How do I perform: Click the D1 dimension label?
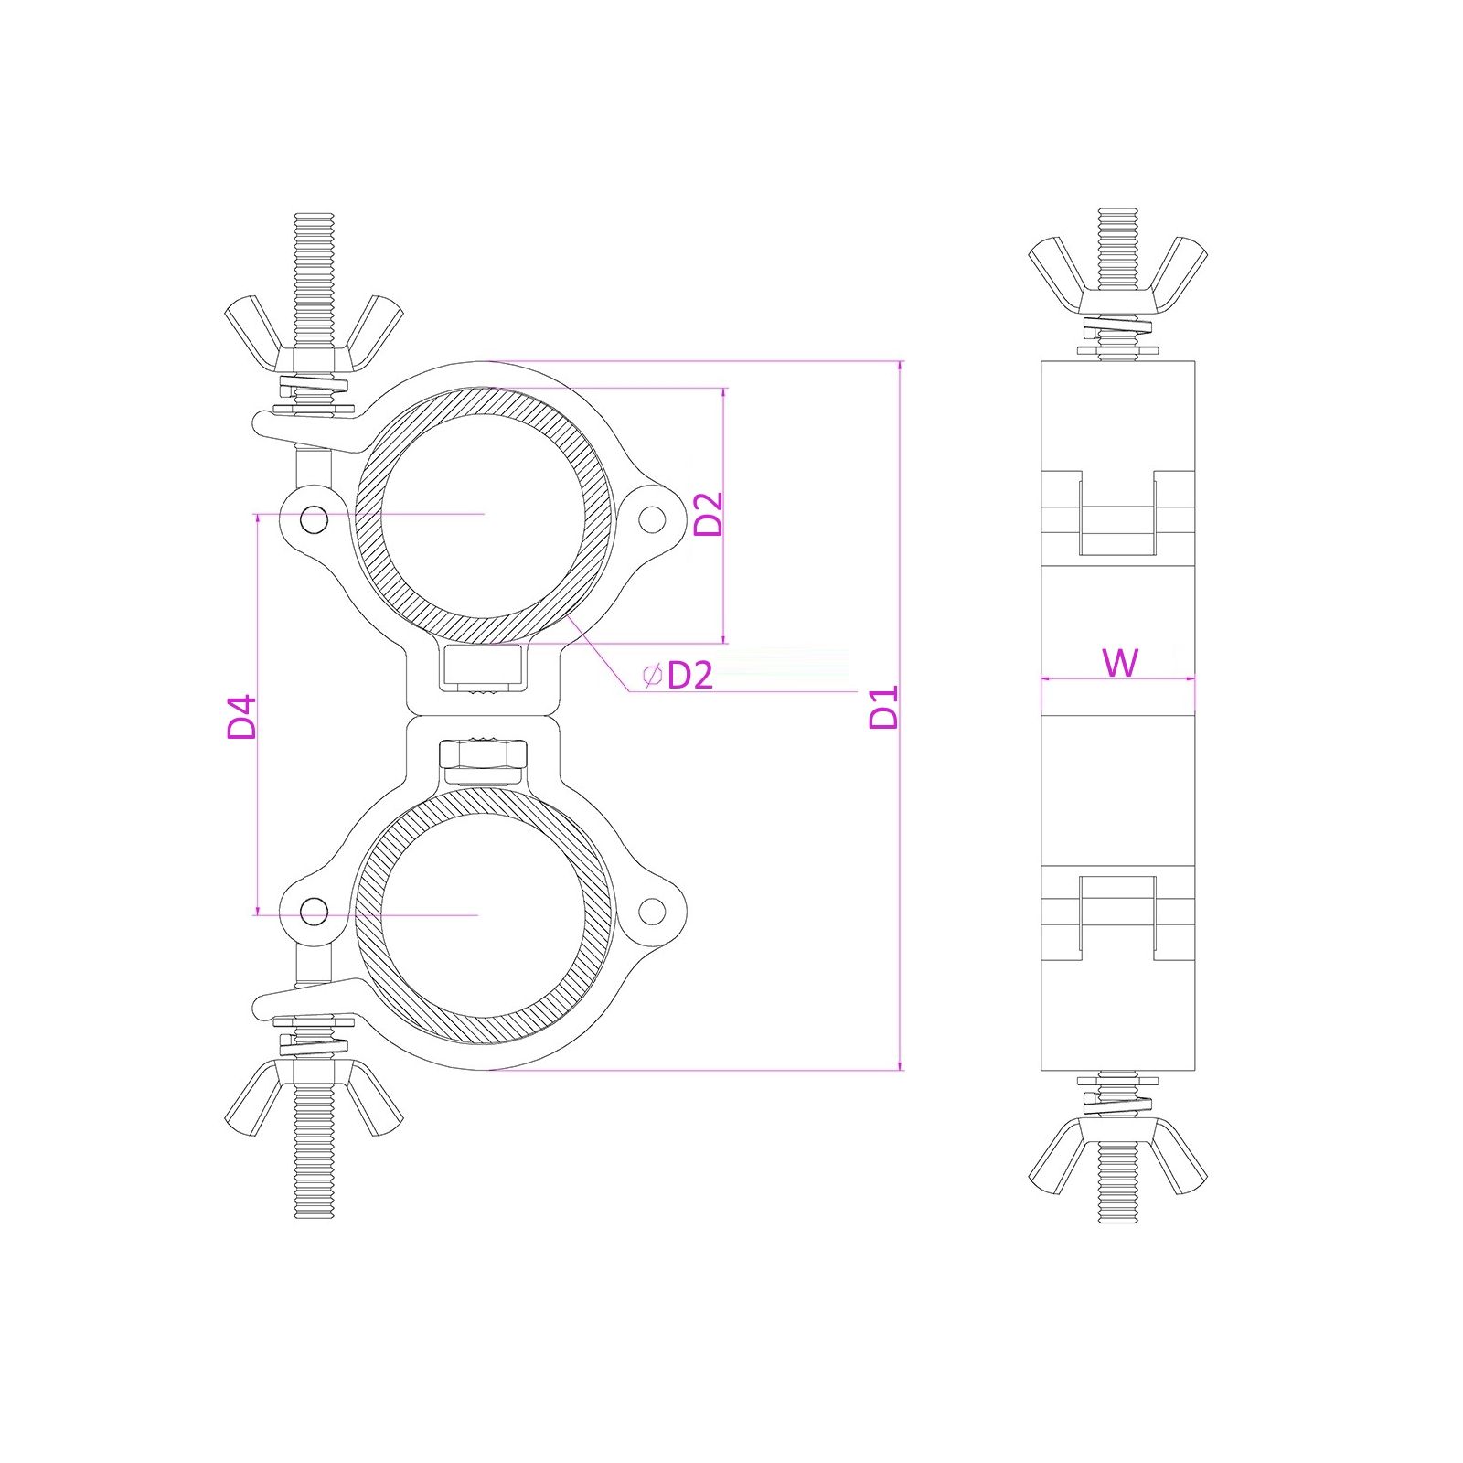884,707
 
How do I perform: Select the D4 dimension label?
242,717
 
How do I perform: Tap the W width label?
1120,662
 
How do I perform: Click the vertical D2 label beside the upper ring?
709,514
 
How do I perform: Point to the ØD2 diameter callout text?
678,676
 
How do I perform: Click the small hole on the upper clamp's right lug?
651,520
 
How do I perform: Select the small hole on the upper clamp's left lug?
315,520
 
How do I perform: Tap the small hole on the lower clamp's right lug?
651,912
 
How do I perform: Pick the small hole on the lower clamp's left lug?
315,912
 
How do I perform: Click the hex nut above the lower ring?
483,754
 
